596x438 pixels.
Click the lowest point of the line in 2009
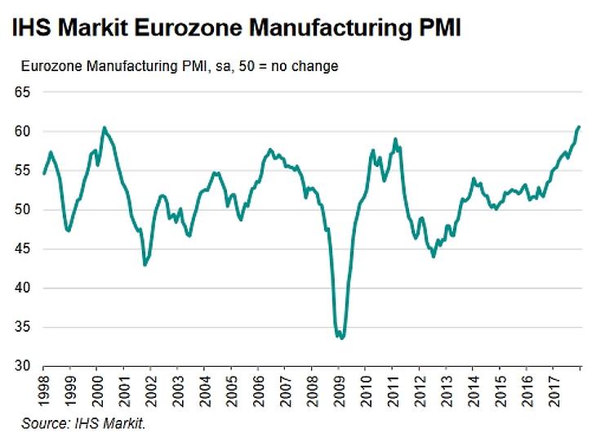(x=342, y=337)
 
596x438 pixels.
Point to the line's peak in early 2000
(x=105, y=127)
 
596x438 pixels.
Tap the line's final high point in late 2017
(x=578, y=127)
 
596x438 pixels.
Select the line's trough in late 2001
(x=145, y=265)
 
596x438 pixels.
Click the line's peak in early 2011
(x=395, y=139)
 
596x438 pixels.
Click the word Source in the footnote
(x=42, y=423)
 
